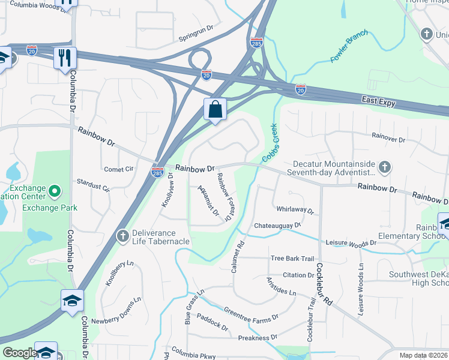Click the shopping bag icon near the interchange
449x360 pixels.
pos(215,110)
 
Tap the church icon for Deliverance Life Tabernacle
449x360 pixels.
pos(122,236)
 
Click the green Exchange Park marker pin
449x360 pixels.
pos(54,192)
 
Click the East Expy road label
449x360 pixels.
pos(378,103)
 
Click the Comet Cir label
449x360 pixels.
pos(118,169)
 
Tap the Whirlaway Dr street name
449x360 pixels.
pos(295,211)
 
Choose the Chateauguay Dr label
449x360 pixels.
pos(277,225)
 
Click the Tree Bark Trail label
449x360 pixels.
pos(292,259)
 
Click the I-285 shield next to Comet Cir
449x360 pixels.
pos(157,171)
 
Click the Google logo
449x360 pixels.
pos(20,353)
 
